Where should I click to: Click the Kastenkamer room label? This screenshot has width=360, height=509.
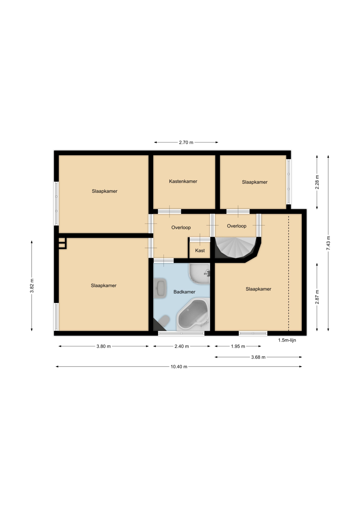click(x=183, y=181)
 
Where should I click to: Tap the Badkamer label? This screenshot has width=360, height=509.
click(x=184, y=292)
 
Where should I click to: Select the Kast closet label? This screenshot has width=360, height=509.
click(x=200, y=251)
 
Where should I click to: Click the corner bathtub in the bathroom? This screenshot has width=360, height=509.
click(x=193, y=315)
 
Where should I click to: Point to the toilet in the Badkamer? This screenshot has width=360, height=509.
click(x=163, y=321)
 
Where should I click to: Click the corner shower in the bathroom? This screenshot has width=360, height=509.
click(x=199, y=274)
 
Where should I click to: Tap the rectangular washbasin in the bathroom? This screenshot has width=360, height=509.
click(x=160, y=288)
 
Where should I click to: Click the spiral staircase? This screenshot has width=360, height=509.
click(x=236, y=248)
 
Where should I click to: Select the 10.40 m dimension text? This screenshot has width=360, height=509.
click(x=179, y=367)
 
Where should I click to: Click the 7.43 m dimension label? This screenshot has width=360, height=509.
click(x=328, y=243)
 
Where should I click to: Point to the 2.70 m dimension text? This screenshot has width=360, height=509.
click(x=186, y=142)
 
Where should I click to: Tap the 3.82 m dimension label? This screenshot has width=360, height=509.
click(x=32, y=286)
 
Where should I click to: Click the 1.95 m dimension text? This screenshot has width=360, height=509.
click(x=238, y=346)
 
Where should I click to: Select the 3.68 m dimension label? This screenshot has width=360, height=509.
click(x=258, y=357)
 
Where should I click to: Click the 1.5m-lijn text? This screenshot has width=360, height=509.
click(x=287, y=340)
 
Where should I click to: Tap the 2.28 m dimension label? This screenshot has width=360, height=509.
click(x=317, y=182)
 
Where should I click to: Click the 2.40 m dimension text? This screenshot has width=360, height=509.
click(x=181, y=346)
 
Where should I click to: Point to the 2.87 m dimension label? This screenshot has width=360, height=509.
click(x=317, y=297)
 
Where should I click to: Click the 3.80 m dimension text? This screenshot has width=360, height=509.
click(x=104, y=346)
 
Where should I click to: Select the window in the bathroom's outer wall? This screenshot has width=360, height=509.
click(x=181, y=333)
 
